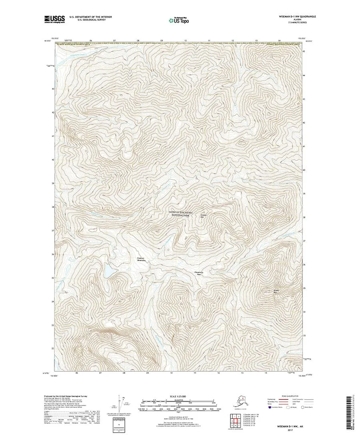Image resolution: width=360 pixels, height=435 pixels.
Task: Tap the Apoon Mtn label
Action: pyautogui.click(x=264, y=291)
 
